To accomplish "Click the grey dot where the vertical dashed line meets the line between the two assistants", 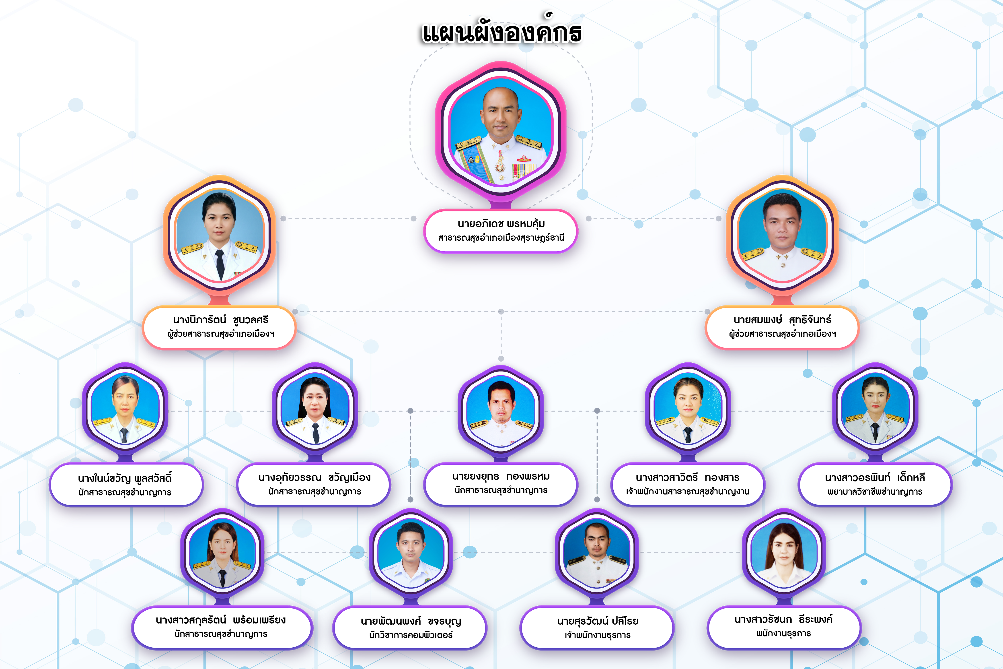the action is tap(501, 312).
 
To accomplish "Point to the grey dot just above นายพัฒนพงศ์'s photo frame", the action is tap(410, 499).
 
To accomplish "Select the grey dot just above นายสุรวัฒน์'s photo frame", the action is tap(597, 499).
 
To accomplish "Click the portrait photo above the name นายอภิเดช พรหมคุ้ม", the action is tap(501, 132).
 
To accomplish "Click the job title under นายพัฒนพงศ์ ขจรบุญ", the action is tap(411, 635).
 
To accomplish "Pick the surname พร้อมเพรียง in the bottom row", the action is tap(259, 620).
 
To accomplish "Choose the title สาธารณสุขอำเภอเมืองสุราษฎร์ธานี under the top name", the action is tap(501, 238).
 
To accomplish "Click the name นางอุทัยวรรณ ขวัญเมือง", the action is tap(314, 478).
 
